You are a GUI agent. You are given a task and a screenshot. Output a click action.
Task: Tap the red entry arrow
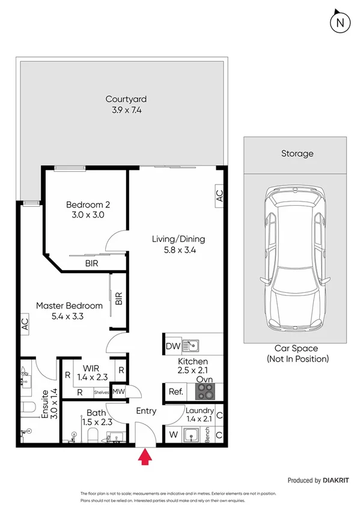click(145, 459)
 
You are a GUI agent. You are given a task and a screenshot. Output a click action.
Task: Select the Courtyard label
click(126, 99)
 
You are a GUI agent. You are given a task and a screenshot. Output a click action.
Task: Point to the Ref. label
click(175, 392)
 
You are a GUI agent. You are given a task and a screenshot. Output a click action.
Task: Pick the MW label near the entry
click(119, 392)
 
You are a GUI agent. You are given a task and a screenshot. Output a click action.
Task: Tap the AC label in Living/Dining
click(219, 195)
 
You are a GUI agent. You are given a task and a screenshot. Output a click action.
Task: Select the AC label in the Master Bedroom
click(25, 325)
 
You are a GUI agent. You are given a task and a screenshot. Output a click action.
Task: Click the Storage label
click(297, 153)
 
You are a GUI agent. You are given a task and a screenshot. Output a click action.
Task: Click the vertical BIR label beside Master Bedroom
click(118, 299)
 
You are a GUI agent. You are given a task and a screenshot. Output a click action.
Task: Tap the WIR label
click(92, 367)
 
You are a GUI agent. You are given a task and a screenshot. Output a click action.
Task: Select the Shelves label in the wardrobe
click(101, 393)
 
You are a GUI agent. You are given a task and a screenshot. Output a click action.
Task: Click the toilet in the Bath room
click(93, 434)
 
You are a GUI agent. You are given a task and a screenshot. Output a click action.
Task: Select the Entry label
click(146, 411)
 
